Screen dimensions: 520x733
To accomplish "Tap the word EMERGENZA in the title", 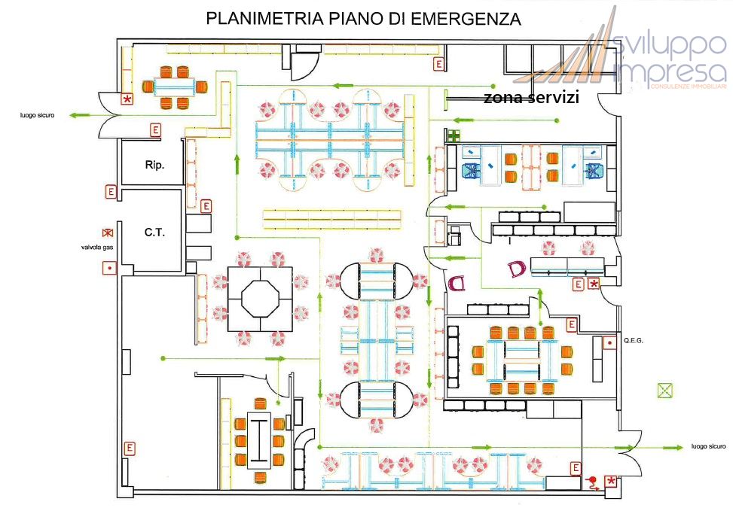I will pos(466,19).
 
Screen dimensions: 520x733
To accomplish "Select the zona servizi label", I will pos(530,98).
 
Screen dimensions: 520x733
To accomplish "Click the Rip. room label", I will pos(154,163).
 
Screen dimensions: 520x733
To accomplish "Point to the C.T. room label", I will pos(154,233).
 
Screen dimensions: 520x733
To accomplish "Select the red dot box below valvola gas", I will pos(110,267).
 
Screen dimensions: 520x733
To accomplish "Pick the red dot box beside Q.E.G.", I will pos(609,343).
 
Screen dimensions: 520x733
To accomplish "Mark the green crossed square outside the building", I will pos(664,390).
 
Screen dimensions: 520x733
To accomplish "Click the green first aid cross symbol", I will pos(454,136).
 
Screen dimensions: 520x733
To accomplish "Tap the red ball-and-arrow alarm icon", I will pos(594,482).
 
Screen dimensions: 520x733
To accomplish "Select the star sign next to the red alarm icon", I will pos(610,481).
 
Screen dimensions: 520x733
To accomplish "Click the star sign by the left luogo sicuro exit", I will pos(127,99).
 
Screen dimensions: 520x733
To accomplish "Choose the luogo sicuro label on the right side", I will pos(708,446).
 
